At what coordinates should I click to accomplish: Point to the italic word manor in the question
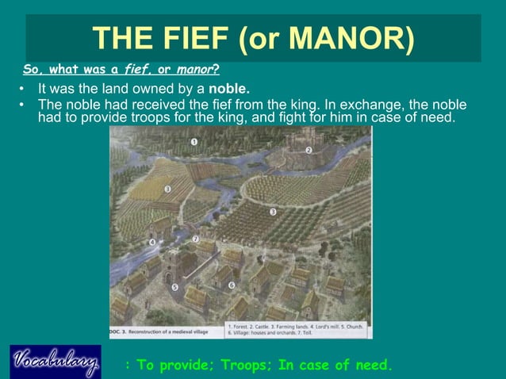(195, 70)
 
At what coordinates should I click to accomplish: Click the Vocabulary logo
(55, 362)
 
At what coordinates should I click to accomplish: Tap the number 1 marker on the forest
(194, 142)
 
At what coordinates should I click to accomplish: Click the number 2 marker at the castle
(309, 149)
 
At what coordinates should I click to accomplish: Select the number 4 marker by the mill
(151, 242)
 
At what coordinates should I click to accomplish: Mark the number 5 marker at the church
(174, 287)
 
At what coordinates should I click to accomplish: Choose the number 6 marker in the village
(231, 285)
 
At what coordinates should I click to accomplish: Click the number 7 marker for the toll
(196, 238)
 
